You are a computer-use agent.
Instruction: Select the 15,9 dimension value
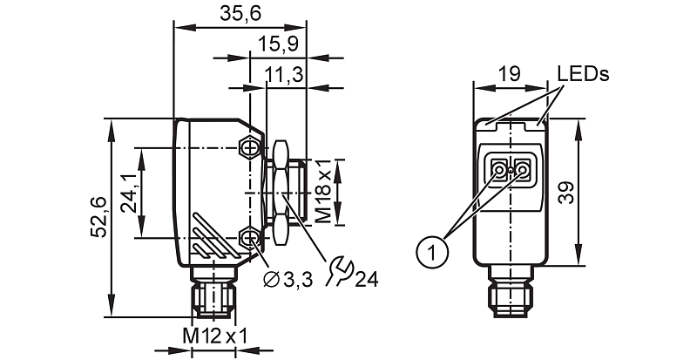278,44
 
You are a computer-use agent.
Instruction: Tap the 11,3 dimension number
284,74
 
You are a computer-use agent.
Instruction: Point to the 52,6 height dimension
99,217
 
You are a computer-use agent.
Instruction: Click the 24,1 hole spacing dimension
129,194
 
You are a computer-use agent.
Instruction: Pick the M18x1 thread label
323,192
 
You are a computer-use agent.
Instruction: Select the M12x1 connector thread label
215,336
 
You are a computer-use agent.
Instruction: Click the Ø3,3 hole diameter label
288,280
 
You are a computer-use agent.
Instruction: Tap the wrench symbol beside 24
339,270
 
